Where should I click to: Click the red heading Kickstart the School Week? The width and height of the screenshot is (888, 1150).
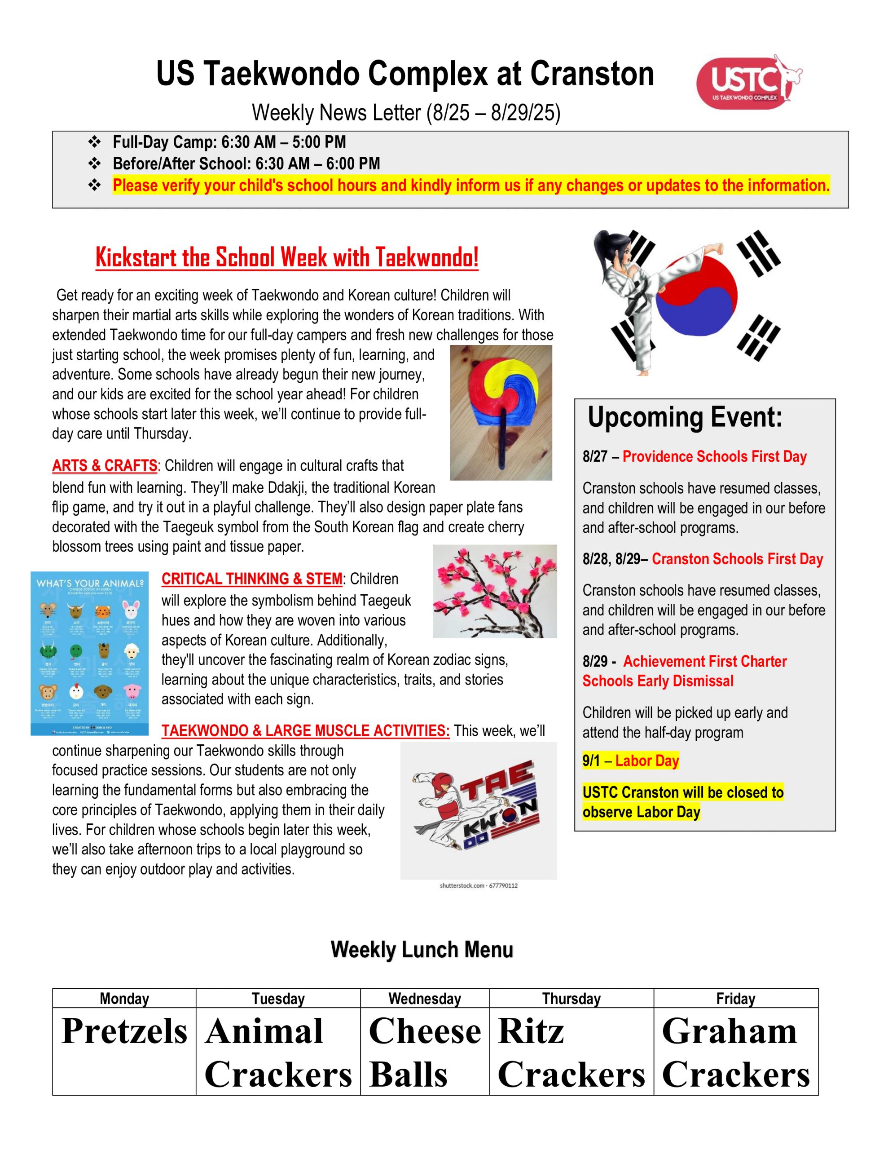[287, 257]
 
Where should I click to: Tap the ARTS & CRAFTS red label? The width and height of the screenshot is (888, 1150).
[104, 465]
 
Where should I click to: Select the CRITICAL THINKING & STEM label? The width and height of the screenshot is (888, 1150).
[251, 579]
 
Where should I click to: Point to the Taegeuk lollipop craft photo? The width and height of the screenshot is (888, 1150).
[501, 412]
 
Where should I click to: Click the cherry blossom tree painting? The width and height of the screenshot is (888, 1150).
[494, 591]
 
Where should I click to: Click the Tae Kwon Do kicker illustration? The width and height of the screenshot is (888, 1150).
[478, 810]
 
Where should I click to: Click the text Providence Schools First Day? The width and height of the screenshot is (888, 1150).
[714, 456]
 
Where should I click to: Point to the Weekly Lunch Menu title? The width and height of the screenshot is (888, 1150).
[422, 949]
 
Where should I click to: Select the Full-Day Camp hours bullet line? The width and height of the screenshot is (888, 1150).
[229, 142]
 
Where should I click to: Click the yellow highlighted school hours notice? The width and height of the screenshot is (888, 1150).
[470, 186]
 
